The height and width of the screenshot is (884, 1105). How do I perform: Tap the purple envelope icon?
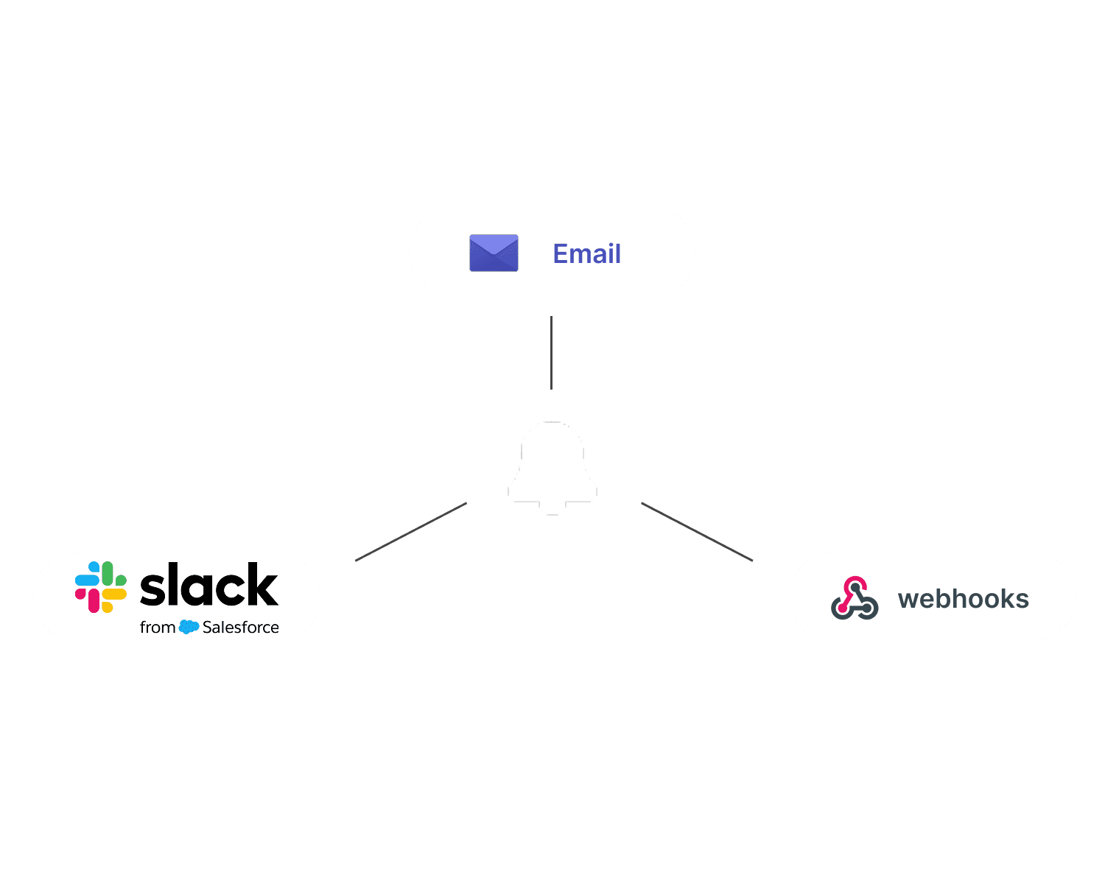click(494, 253)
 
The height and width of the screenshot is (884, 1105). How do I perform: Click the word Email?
click(586, 253)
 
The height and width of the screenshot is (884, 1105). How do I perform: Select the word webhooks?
click(963, 599)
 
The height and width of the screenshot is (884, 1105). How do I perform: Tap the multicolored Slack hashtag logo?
click(101, 586)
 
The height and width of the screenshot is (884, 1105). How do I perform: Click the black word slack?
click(209, 585)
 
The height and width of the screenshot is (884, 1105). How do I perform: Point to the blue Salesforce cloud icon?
click(189, 627)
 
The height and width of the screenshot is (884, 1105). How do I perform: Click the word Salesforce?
click(241, 627)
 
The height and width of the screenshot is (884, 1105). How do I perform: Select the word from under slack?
click(158, 627)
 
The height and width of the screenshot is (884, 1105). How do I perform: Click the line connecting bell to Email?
click(551, 353)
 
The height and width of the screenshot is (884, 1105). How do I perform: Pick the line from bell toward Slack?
click(410, 532)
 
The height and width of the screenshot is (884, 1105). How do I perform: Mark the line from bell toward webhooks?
click(697, 532)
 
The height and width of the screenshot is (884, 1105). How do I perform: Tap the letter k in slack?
click(262, 585)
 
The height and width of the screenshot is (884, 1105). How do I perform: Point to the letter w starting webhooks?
click(908, 600)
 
